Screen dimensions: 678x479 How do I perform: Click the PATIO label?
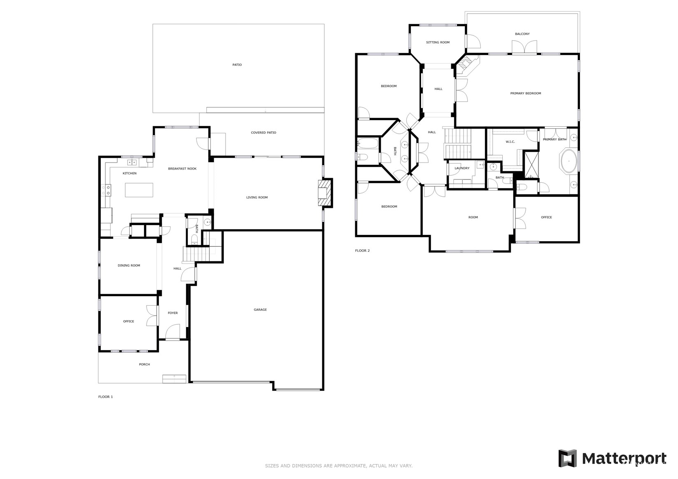[237, 65]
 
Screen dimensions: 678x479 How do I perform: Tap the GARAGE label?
[260, 309]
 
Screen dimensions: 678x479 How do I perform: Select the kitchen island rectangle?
[139, 190]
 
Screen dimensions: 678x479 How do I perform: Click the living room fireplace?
[325, 193]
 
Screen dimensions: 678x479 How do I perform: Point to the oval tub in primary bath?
[569, 161]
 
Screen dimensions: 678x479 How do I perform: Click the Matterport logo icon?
[568, 458]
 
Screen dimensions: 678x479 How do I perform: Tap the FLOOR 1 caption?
[105, 397]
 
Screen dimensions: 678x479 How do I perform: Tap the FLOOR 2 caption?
[362, 251]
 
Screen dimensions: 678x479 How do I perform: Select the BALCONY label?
[522, 34]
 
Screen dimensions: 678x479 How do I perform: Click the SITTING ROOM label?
[438, 42]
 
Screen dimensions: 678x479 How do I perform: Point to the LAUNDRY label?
[462, 168]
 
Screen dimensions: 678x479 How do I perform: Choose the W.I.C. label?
[510, 142]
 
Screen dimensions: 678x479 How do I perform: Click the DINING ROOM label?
[129, 265]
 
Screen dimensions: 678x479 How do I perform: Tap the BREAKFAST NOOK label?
[182, 169]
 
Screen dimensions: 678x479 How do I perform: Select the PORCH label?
[144, 364]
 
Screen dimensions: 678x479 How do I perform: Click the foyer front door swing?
[172, 332]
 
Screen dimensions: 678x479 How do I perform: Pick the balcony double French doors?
[524, 47]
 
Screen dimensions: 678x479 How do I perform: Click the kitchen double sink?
[132, 163]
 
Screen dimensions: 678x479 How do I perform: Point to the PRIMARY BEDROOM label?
[525, 93]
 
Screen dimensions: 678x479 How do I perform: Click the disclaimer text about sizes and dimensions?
[339, 466]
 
